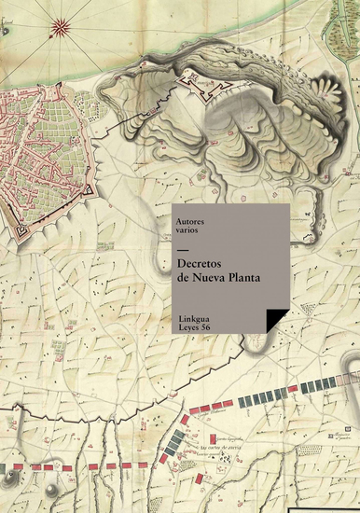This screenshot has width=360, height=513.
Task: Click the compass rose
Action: [x=62, y=25]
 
